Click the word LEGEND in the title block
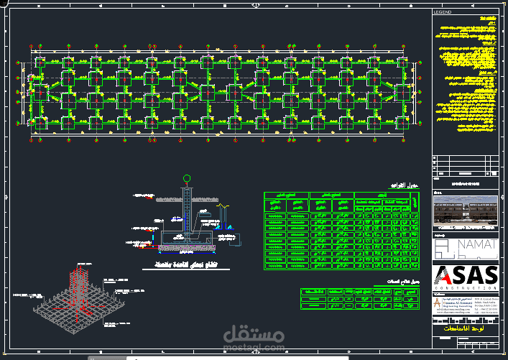pos(443,12)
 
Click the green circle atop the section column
pos(187,178)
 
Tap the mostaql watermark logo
pos(250,336)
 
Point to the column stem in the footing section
pos(187,208)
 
